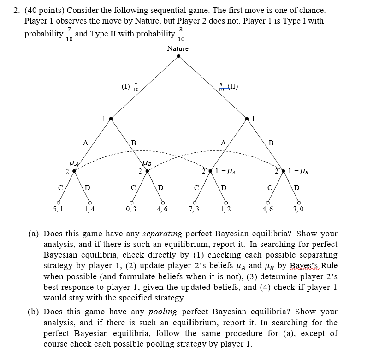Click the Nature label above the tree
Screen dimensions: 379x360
click(x=178, y=48)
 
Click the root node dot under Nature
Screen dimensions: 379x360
click(x=178, y=57)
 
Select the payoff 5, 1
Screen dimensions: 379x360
click(x=59, y=209)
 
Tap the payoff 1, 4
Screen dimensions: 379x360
click(x=89, y=209)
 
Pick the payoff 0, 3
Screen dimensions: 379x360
click(x=131, y=209)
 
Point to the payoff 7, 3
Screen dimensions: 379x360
click(x=194, y=209)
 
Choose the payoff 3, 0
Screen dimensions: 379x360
click(x=299, y=209)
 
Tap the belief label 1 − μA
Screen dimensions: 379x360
click(x=228, y=172)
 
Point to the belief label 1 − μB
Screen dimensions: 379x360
click(x=300, y=172)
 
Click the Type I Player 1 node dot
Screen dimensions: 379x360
click(x=110, y=119)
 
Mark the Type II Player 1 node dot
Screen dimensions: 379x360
click(x=247, y=119)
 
